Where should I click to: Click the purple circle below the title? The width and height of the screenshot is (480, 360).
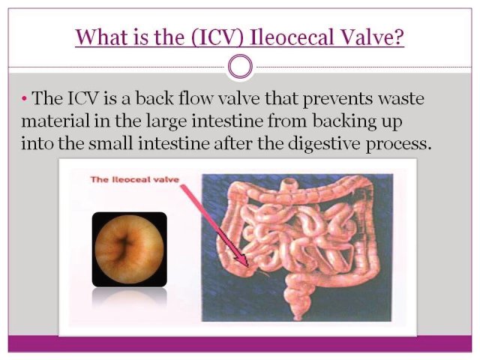241,66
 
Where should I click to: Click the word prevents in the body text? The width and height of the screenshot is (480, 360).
337,99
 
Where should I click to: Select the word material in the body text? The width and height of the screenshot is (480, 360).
55,121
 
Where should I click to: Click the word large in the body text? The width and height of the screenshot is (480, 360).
166,121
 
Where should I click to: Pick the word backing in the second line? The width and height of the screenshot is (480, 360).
344,121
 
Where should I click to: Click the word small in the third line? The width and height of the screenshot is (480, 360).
110,143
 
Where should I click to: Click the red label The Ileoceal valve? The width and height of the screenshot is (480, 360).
134,179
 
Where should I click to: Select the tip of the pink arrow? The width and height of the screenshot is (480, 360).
247,265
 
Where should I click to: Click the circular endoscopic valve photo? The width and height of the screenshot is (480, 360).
129,248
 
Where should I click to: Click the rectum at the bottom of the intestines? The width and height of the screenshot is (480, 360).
296,309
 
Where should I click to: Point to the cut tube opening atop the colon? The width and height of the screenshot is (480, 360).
289,182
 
